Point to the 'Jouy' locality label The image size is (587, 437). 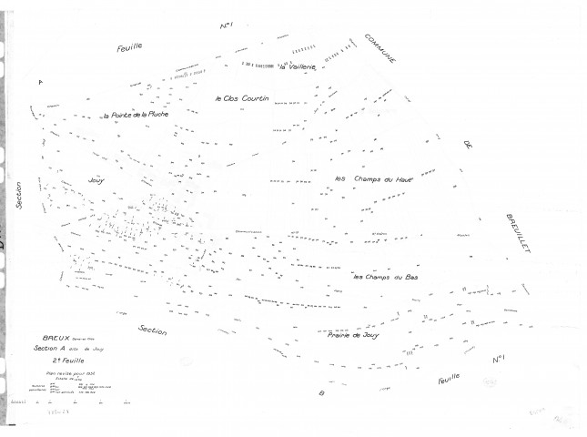tap(96, 180)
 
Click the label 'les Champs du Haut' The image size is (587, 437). tap(375, 178)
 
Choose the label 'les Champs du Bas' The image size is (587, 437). tap(386, 277)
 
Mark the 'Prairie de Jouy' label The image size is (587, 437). tap(353, 335)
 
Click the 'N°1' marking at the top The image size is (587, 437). tap(228, 28)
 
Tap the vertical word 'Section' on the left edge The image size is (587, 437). tap(18, 194)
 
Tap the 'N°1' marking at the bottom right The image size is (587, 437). tap(499, 361)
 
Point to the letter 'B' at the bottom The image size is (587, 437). tap(321, 393)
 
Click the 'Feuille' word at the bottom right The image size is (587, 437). tap(450, 377)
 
